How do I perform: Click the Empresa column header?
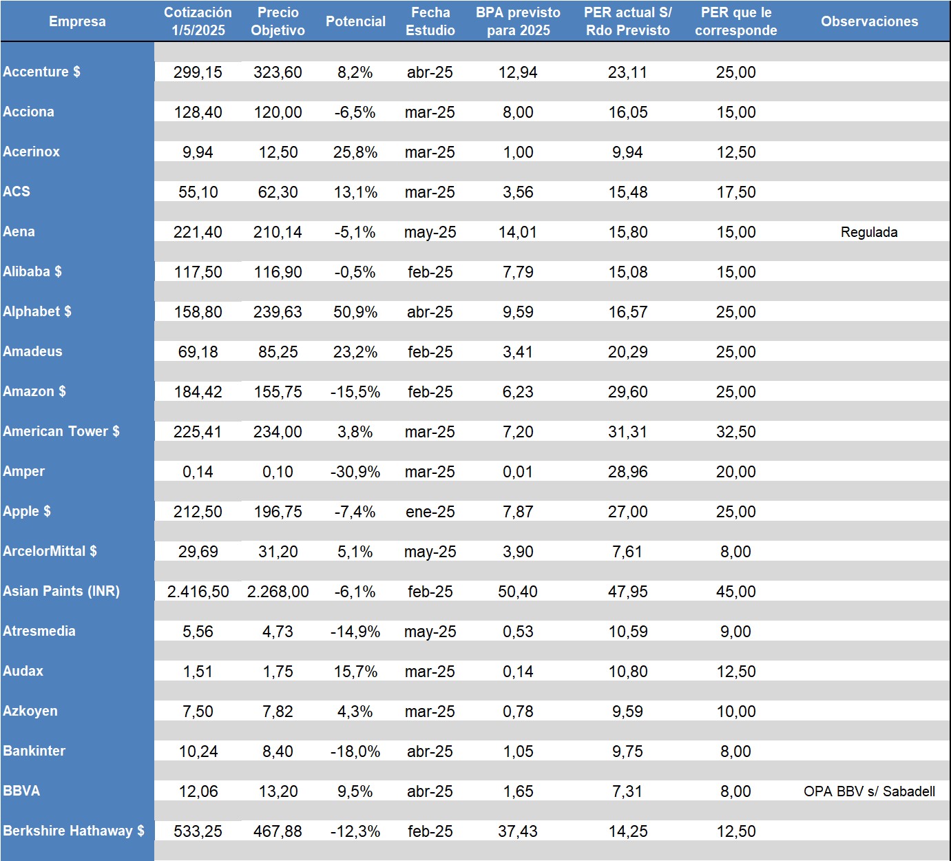tap(77, 21)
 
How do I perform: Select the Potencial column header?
tap(355, 21)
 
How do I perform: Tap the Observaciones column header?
tap(869, 21)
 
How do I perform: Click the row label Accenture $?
tap(41, 72)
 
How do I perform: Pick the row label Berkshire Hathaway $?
tap(74, 831)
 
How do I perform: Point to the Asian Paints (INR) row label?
tap(61, 591)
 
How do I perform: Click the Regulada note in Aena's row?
tap(869, 232)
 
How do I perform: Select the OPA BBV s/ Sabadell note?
tap(869, 791)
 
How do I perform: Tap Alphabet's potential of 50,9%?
tap(355, 312)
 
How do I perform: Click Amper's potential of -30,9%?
tap(355, 472)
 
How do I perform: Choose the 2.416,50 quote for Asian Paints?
tap(198, 592)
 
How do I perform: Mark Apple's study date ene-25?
tap(430, 512)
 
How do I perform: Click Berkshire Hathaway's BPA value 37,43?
tap(518, 831)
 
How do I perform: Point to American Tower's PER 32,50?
tap(735, 432)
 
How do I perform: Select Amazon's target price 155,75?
tap(278, 392)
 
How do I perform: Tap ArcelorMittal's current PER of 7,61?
tap(627, 552)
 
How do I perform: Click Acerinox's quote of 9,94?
tap(198, 152)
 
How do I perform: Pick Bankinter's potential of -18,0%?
tap(355, 751)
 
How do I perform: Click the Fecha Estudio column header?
tap(430, 21)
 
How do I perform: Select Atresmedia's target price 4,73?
tap(278, 632)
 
